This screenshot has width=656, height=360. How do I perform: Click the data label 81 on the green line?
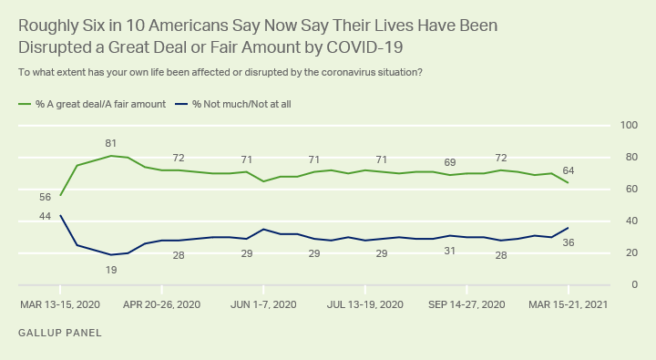tap(110, 144)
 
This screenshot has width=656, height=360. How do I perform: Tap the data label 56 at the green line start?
tap(45, 197)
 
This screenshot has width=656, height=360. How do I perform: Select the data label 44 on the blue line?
tap(45, 216)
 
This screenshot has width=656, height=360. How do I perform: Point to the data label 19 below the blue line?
tap(111, 271)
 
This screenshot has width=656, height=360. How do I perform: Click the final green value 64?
tap(569, 170)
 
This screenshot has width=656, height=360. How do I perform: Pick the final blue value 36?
tap(569, 242)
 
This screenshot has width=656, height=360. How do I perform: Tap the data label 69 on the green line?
tap(450, 162)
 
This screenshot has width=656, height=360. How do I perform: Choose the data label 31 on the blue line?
tap(450, 252)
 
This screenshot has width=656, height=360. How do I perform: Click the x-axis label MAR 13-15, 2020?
tap(60, 304)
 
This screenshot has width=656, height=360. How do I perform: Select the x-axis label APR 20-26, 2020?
tap(161, 304)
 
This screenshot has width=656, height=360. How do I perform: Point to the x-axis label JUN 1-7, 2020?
tap(263, 304)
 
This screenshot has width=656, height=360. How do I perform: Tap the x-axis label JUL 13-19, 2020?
tap(364, 304)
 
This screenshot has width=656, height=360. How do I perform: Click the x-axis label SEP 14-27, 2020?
tap(466, 304)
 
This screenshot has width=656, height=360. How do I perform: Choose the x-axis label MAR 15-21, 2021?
tap(568, 304)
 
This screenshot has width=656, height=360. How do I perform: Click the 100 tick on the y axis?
tap(629, 125)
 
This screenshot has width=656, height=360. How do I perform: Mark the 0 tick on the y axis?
tap(635, 284)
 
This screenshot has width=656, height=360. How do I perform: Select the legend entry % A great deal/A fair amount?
tap(92, 104)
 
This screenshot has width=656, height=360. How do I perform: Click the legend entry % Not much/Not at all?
tap(233, 104)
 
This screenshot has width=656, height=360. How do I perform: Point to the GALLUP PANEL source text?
tap(60, 334)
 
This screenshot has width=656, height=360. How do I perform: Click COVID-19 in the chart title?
tap(364, 47)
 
